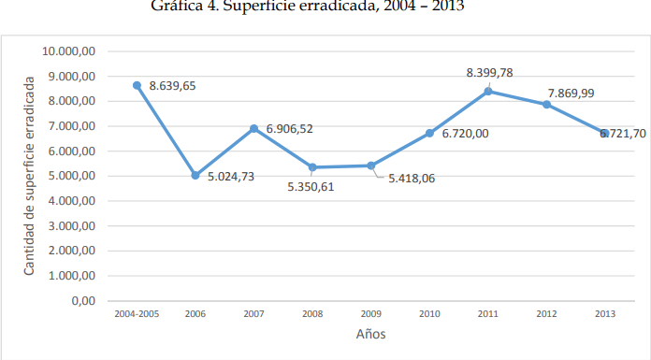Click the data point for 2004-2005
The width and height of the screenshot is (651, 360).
coord(137,85)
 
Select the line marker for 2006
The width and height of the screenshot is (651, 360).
coord(195,175)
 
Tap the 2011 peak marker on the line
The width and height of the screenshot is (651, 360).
coord(489,91)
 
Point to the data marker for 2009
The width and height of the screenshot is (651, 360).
coord(371,166)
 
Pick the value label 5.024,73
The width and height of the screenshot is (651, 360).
coord(230,175)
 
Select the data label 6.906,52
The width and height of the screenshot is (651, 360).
coord(289,129)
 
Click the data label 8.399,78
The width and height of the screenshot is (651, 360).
coord(489,72)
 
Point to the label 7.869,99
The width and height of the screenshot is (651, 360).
coord(571,93)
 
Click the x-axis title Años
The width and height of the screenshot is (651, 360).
coord(370,334)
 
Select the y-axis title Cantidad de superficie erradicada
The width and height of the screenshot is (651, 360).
coord(29,176)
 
